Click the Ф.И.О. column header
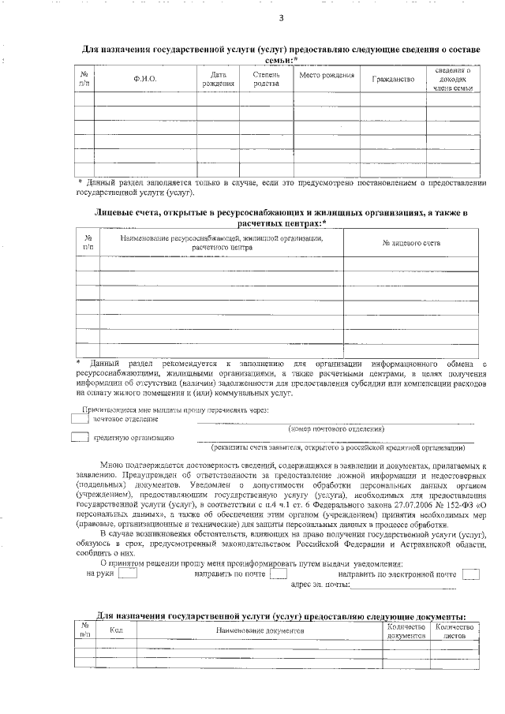coord(145,79)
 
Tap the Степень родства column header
coord(266,79)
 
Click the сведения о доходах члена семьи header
coord(452,79)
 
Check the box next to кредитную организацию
coord(80,437)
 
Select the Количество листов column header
coord(455,630)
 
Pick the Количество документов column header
coord(406,630)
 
